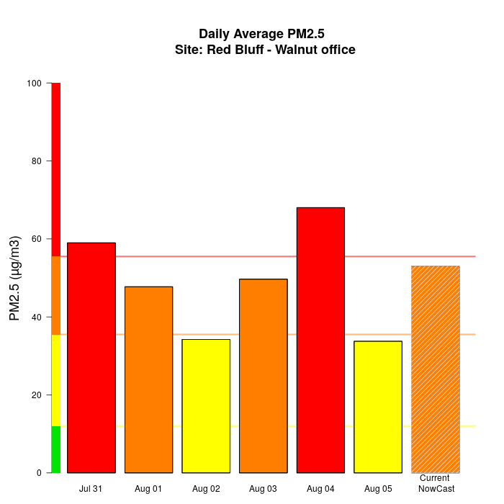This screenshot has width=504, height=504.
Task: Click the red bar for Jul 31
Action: point(91,358)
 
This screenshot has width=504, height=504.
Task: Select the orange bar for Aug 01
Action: point(148,379)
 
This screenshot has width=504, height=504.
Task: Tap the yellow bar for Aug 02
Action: point(206,406)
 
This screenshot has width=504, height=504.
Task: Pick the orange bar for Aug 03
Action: point(263,376)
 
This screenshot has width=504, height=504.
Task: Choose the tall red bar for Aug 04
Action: point(320,340)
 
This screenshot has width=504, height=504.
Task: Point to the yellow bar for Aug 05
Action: point(378,407)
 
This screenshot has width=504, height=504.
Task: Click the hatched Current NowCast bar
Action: point(435,369)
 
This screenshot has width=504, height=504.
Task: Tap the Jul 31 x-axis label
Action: point(91,489)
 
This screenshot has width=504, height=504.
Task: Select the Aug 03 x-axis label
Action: point(263,489)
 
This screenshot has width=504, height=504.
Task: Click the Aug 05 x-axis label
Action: point(378,489)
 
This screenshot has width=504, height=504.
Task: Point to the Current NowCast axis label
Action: point(435,484)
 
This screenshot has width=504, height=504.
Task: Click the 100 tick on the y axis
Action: point(34,84)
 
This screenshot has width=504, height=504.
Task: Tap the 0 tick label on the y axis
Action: point(39,473)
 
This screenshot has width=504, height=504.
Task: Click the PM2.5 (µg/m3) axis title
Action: point(14,278)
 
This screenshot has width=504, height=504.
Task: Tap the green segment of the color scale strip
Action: point(55,449)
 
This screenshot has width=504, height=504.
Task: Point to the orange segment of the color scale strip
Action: point(55,295)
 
